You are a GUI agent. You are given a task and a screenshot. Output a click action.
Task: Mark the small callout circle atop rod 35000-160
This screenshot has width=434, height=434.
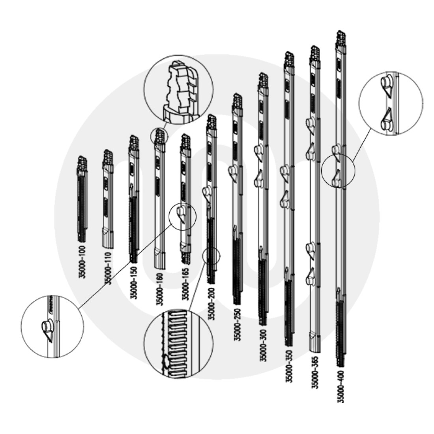(x=159, y=136)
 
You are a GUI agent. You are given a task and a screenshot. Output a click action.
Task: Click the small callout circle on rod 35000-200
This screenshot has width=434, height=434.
(x=211, y=256)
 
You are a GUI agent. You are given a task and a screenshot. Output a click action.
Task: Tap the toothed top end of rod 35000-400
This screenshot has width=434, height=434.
(x=341, y=37)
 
